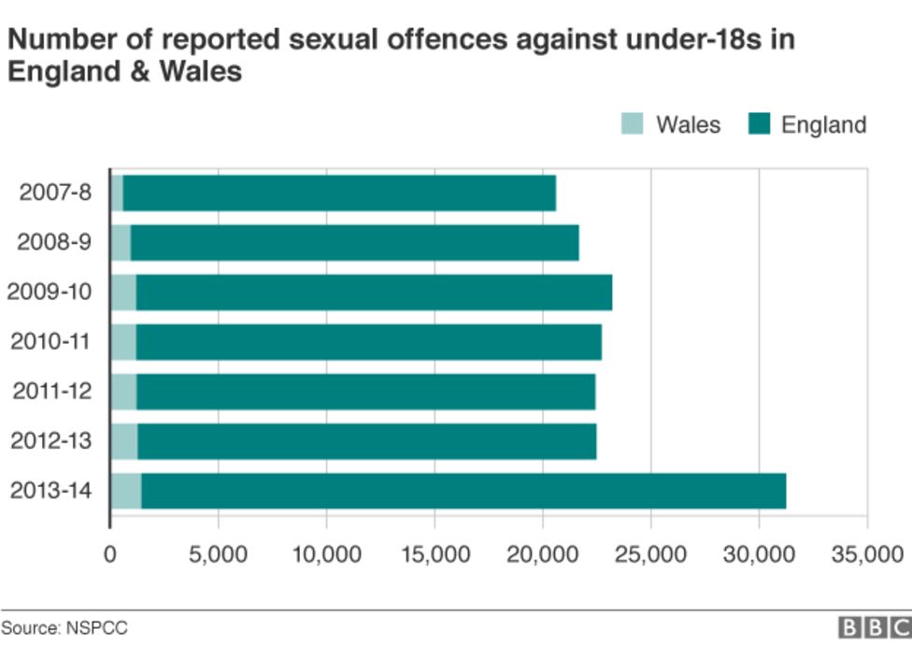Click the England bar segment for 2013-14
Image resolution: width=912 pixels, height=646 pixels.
tap(463, 491)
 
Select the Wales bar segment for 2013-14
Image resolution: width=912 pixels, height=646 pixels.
tap(125, 491)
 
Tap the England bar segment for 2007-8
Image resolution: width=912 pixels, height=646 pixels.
tap(339, 193)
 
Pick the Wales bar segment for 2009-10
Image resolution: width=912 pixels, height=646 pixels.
tap(122, 293)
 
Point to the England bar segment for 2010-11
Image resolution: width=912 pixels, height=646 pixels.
tap(368, 342)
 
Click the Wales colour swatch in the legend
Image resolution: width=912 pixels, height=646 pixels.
tap(632, 124)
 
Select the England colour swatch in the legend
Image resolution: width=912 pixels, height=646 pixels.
tap(758, 124)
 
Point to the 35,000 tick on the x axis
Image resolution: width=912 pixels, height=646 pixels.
tap(866, 555)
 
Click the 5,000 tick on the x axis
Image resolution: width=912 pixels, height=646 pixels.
tap(218, 555)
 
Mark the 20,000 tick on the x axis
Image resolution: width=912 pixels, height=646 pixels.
tap(542, 555)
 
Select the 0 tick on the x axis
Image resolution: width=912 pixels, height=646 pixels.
tap(110, 555)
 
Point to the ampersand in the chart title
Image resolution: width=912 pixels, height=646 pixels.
tap(122, 71)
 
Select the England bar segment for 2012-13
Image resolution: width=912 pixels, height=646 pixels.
tap(366, 441)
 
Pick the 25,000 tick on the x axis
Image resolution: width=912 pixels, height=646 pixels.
tap(650, 555)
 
